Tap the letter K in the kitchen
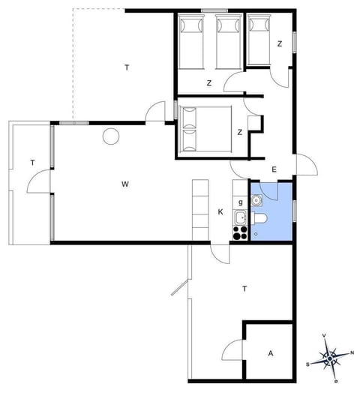(220, 212)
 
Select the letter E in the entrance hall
(274, 169)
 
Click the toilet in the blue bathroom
(260, 219)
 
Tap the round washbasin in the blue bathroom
(256, 200)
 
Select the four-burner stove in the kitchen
(240, 232)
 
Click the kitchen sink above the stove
(240, 218)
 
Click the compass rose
(330, 355)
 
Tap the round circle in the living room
(111, 136)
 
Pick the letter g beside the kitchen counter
(240, 202)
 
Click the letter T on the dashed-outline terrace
(127, 68)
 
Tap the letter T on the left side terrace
(32, 162)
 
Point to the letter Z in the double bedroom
(239, 133)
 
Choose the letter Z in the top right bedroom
(279, 44)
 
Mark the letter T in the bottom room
(244, 288)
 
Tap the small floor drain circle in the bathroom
(256, 233)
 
